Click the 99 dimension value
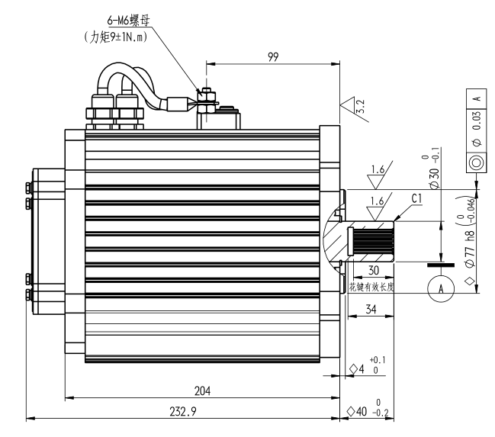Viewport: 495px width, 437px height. coord(273,56)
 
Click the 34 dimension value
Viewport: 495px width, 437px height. coord(368,310)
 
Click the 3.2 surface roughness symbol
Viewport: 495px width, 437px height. coord(352,106)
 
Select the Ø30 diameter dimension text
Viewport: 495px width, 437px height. coord(436,171)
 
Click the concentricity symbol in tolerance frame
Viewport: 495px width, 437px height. coord(477,162)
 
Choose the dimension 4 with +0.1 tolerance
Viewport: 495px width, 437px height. coord(367,367)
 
